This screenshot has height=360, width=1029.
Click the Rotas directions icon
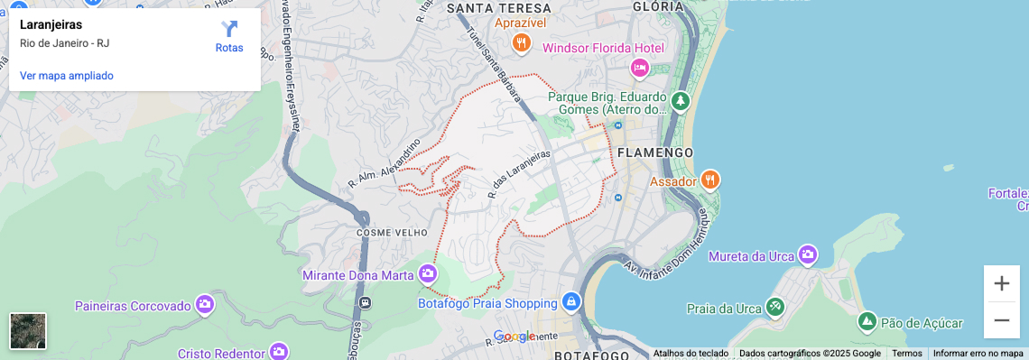229,30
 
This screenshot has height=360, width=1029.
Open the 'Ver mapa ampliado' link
67,76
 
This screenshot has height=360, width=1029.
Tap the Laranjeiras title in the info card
51,25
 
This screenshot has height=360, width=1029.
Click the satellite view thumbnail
28,331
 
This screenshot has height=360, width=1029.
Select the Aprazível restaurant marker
521,42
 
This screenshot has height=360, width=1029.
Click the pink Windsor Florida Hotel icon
640,68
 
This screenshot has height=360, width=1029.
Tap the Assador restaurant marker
710,180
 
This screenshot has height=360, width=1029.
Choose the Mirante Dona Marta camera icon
428,273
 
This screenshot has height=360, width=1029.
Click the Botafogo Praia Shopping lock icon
570,301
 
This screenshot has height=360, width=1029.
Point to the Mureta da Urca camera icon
807,255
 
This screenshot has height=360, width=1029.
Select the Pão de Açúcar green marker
867,321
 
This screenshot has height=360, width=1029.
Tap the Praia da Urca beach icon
774,308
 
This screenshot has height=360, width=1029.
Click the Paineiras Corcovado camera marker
205,305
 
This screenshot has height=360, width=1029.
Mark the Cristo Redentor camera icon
279,351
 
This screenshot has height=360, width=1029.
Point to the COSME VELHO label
385,232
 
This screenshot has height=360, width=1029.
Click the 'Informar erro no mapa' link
978,354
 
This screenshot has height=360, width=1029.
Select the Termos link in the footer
906,354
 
